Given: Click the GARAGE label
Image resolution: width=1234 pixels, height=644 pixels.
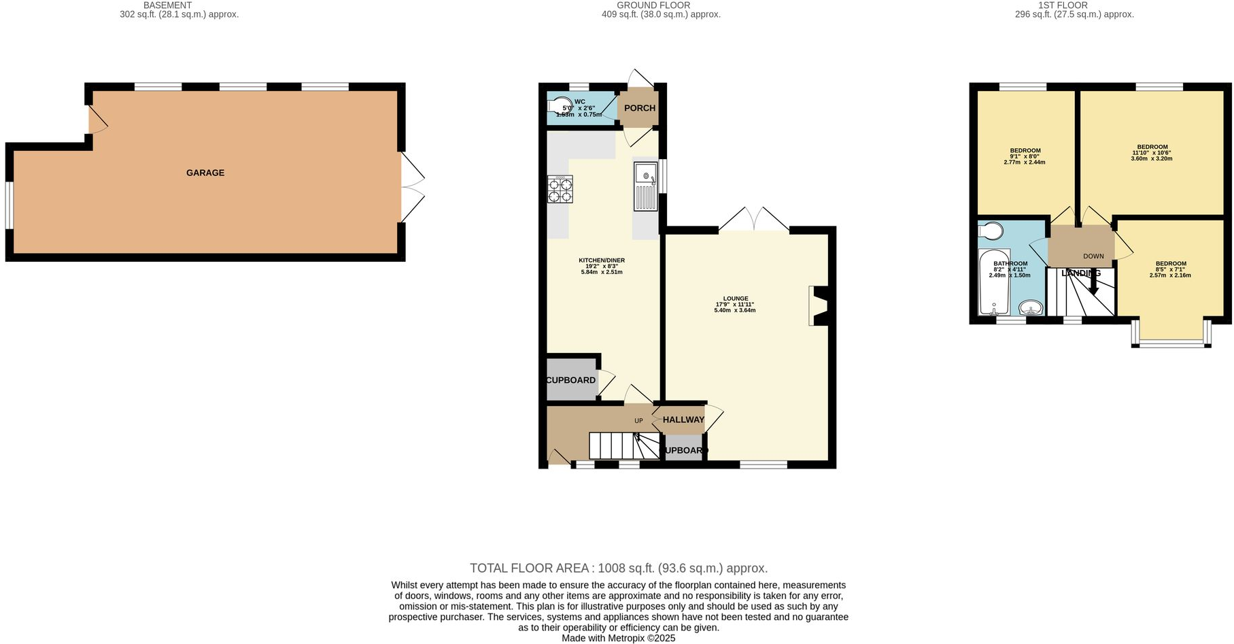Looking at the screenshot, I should pos(205,173).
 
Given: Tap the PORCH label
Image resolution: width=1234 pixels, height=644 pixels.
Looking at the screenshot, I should pos(639,108).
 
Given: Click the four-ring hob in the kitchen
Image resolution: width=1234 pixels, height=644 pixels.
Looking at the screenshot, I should pos(560,189).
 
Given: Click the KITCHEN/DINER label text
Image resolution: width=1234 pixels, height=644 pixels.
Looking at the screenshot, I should pos(602,260).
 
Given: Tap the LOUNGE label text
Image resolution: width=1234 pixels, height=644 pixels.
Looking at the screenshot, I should pos(735,299).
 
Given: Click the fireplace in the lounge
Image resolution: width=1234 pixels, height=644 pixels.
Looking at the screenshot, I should pos(819,306).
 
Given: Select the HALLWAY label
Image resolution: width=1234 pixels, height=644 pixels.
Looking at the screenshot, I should pos(683,420).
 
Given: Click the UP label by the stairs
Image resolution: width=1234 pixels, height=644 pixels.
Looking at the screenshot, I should pos(638,421).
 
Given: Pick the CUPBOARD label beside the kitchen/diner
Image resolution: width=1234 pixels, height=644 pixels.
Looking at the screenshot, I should pos(571,380).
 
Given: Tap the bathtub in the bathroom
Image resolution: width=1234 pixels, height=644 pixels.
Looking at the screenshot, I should pos(993,282).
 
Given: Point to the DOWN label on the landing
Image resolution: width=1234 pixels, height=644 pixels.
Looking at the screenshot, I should pos(1093,256).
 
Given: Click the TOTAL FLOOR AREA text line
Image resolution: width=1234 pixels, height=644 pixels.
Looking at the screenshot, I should pos(618,568).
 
